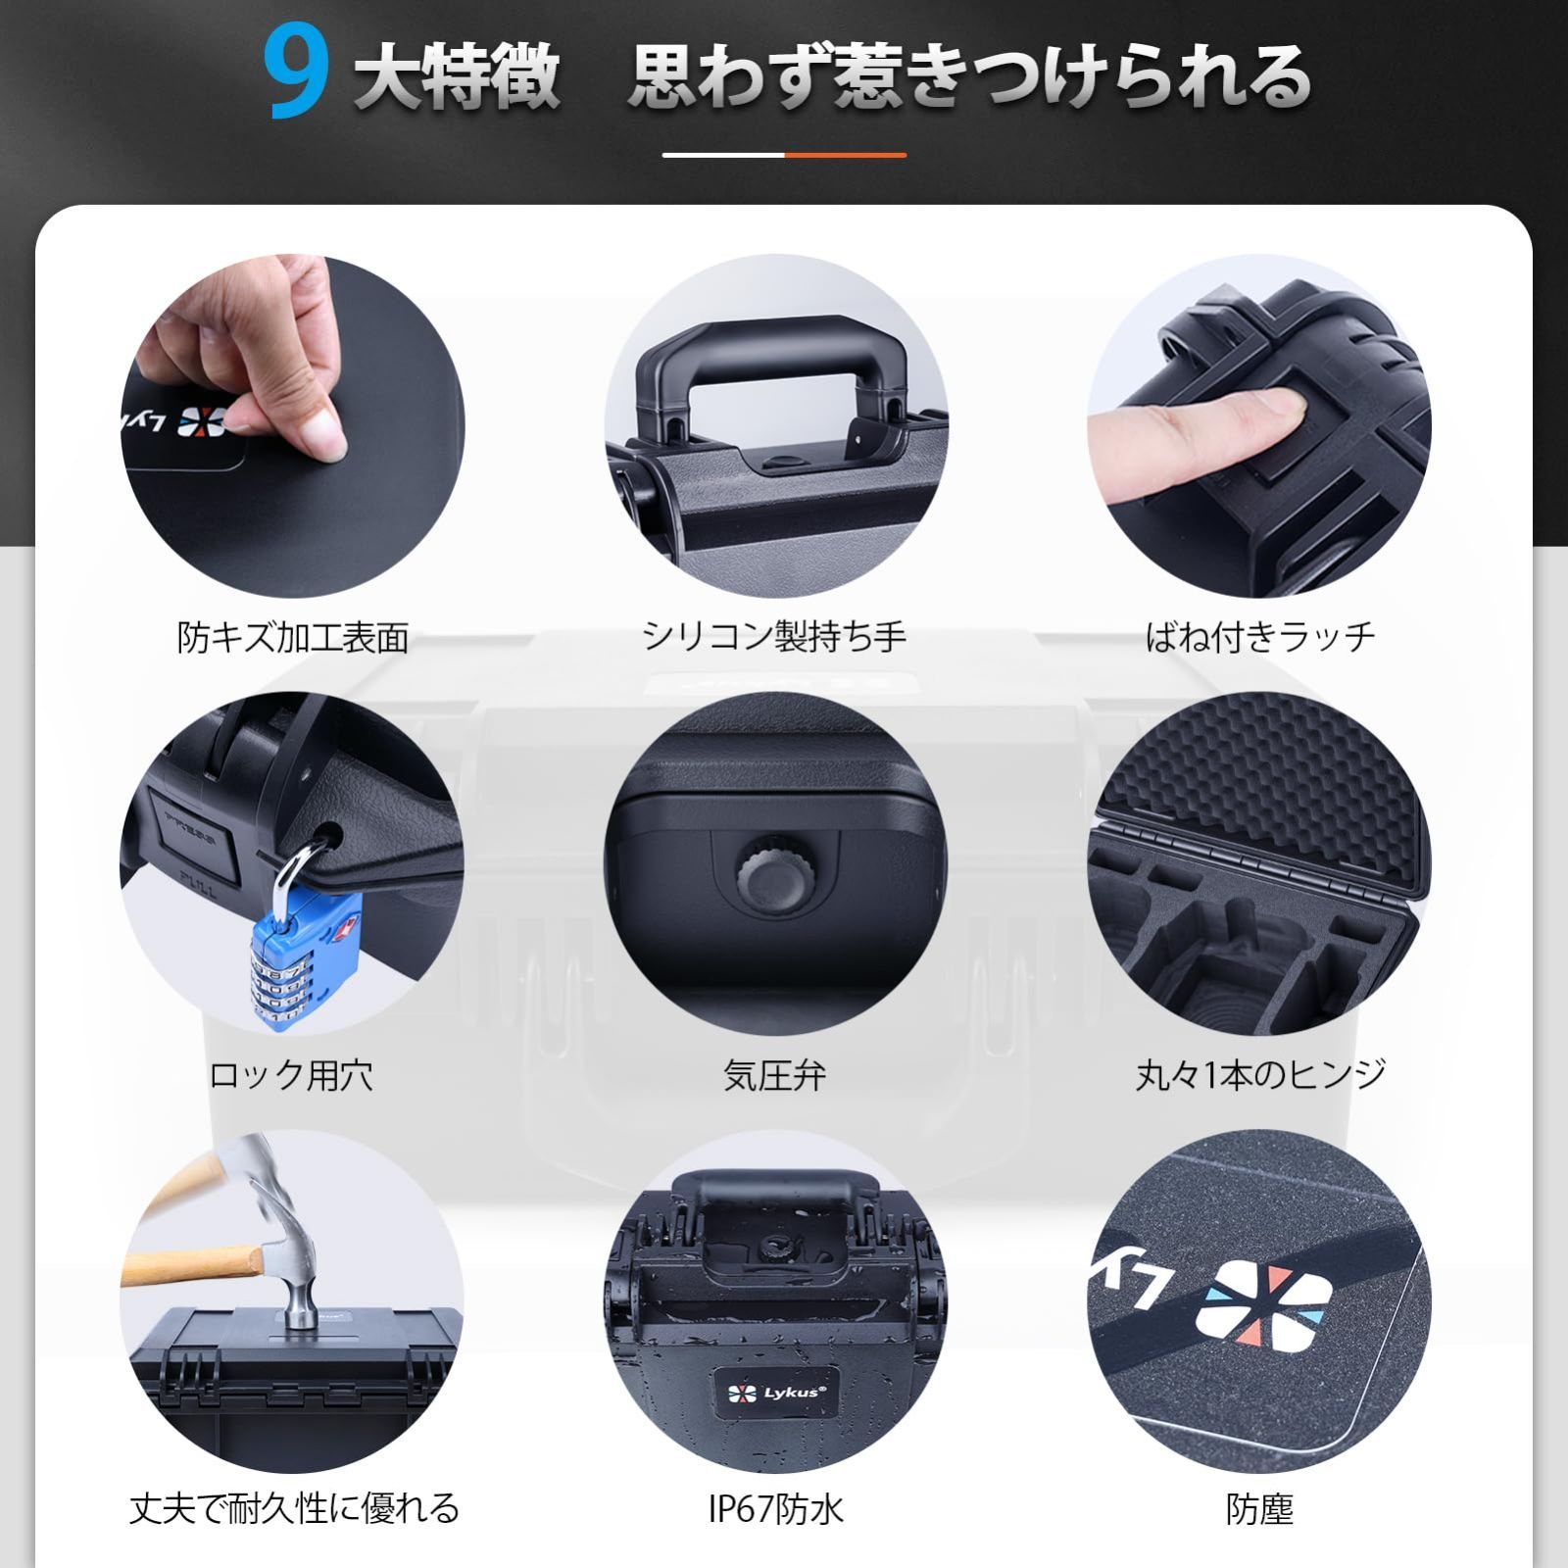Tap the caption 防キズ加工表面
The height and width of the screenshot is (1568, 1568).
[292, 637]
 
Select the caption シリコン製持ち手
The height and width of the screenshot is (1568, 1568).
[774, 637]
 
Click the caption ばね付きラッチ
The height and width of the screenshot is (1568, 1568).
[1260, 637]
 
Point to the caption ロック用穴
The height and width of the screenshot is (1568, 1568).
[291, 1075]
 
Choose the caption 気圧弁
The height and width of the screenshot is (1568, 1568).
[774, 1075]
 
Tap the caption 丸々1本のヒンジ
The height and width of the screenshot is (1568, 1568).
[1260, 1075]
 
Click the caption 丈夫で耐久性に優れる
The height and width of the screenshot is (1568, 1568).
[294, 1508]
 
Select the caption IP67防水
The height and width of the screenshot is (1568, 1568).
[774, 1508]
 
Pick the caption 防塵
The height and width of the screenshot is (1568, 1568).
[1260, 1508]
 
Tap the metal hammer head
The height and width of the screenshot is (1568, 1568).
[294, 1264]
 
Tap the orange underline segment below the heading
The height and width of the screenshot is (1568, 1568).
[845, 155]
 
